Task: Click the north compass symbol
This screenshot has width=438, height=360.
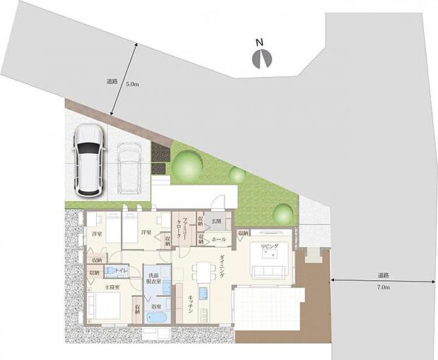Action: click(261, 58)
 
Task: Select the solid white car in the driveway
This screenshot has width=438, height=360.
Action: click(89, 160)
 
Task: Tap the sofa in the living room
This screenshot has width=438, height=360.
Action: click(272, 271)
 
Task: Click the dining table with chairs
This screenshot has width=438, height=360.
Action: click(203, 271)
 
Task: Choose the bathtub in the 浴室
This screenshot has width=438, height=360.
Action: click(156, 318)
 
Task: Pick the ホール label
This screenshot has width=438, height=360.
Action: click(219, 240)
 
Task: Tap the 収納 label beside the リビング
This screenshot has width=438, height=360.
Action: click(243, 232)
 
